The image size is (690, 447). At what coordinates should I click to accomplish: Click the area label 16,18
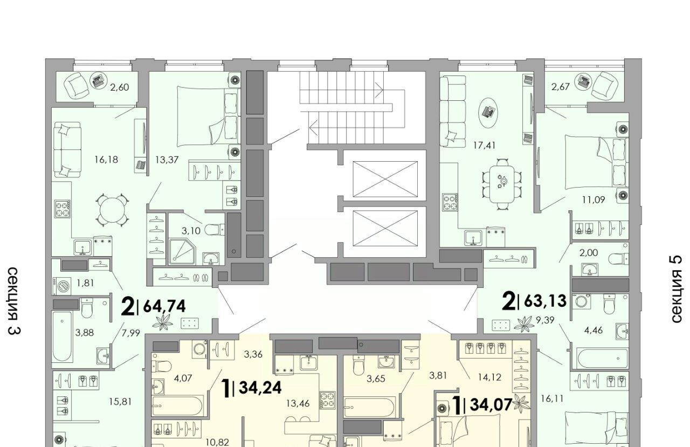(107, 160)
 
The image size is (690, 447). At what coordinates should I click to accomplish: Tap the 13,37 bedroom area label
(167, 160)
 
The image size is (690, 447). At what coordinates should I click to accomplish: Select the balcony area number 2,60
(120, 87)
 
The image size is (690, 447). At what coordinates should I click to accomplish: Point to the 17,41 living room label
(485, 145)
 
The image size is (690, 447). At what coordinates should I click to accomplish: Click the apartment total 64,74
(164, 306)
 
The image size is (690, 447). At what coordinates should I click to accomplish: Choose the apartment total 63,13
(545, 301)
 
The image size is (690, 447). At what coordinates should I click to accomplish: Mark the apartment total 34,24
(260, 388)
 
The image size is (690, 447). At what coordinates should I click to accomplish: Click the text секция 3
(14, 301)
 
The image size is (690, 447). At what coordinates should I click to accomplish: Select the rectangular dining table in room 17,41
(502, 184)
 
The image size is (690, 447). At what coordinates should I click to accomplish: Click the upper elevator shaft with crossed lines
(385, 179)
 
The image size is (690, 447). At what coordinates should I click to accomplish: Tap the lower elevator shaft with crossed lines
(385, 228)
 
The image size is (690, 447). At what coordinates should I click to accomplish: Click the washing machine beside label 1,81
(64, 286)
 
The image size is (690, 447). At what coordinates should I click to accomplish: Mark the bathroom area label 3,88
(85, 333)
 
